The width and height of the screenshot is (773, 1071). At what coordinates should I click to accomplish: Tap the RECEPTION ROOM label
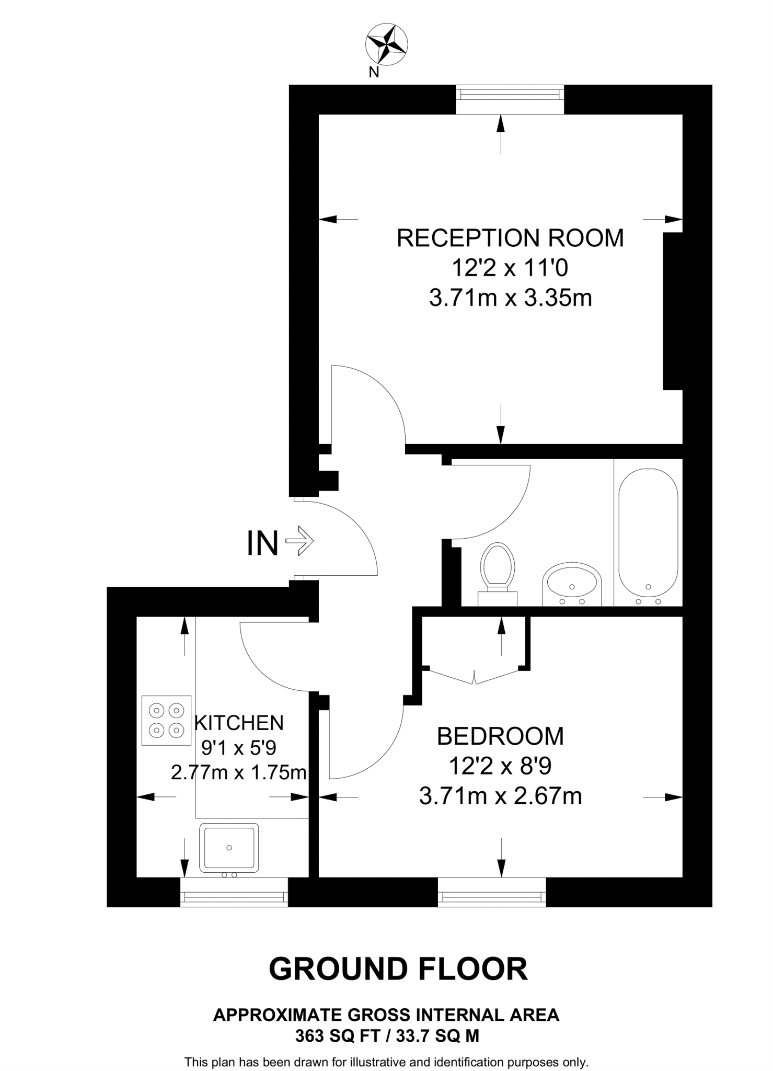pos(510,238)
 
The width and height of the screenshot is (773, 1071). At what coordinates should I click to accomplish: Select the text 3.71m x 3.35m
pos(510,299)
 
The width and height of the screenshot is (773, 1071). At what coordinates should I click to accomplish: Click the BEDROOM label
pos(500,736)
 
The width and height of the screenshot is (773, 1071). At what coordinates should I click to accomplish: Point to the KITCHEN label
pos(239,723)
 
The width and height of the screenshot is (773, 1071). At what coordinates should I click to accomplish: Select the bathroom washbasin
pos(572,583)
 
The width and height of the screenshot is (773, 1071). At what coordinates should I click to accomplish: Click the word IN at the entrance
pos(262,543)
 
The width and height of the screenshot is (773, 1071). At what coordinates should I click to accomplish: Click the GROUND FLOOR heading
pos(398,969)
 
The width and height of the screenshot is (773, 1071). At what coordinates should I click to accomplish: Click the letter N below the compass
pos(374,73)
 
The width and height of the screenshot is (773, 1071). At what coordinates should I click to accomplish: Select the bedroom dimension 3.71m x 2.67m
pos(500,796)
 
